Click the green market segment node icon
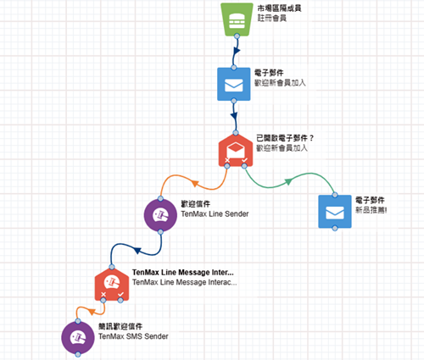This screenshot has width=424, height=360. point(237,19)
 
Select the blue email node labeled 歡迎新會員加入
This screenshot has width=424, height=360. point(234,84)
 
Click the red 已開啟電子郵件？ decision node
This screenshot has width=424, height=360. point(236,151)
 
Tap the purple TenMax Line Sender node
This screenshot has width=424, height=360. point(160,215)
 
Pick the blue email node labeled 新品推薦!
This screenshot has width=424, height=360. point(335,212)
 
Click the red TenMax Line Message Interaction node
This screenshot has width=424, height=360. point(112,284)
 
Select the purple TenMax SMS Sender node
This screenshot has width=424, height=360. point(78,338)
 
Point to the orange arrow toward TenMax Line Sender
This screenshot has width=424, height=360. point(195,183)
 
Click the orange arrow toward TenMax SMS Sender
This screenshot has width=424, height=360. point(91,311)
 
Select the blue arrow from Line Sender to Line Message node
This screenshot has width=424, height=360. point(137,250)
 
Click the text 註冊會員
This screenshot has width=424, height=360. point(272,18)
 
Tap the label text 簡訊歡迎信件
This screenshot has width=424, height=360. point(120,326)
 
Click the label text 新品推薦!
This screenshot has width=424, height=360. point(371,210)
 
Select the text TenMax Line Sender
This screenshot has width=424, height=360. point(215,214)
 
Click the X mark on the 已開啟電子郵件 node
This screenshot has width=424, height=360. point(227,160)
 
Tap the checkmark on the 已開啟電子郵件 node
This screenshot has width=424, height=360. point(244,160)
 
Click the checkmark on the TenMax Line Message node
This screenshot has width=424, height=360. point(120,295)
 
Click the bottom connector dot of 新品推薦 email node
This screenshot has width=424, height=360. point(335,228)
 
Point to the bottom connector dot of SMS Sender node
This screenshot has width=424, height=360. point(78,354)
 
